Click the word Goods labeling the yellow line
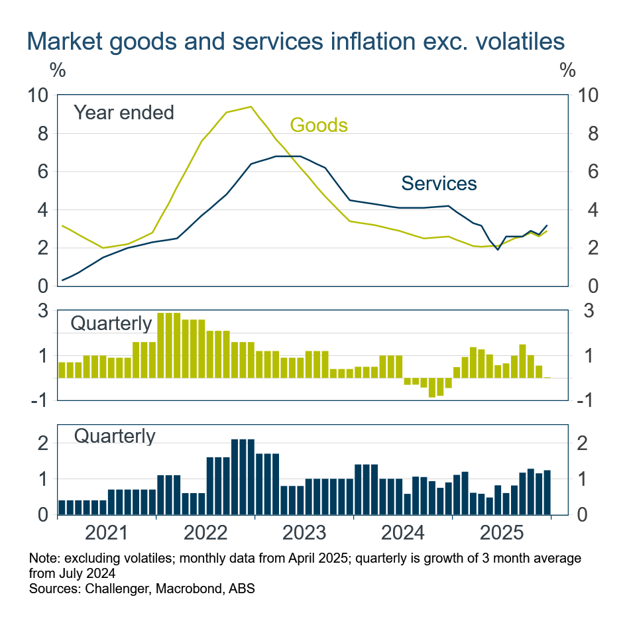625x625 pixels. pos(319,125)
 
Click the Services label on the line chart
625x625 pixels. pos(439,184)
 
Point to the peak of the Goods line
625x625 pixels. pos(251,107)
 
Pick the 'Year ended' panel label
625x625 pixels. pos(123,113)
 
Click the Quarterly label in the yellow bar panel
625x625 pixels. pos(111,323)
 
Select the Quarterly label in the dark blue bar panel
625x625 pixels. pos(115,436)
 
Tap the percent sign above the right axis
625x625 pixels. pos(567,69)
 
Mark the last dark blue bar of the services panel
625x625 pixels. pos(547,492)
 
